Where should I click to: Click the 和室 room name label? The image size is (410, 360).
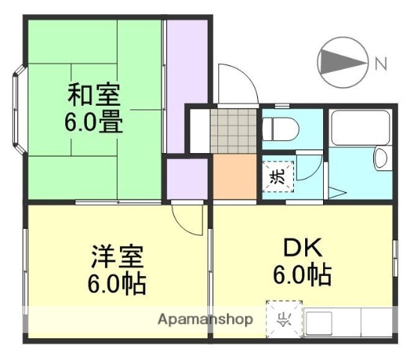tap(94, 95)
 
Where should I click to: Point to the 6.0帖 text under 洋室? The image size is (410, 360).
tap(116, 283)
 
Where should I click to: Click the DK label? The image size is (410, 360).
tap(301, 248)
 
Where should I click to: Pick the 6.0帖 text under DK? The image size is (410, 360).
tap(301, 275)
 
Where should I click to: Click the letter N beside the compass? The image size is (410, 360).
tap(380, 63)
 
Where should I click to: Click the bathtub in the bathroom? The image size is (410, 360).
tap(361, 130)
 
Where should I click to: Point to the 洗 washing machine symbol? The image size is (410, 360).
tap(278, 177)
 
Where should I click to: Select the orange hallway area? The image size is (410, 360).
tap(236, 176)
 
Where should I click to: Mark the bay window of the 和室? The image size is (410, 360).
tap(17, 109)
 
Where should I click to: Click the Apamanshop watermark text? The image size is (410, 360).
tap(205, 319)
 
